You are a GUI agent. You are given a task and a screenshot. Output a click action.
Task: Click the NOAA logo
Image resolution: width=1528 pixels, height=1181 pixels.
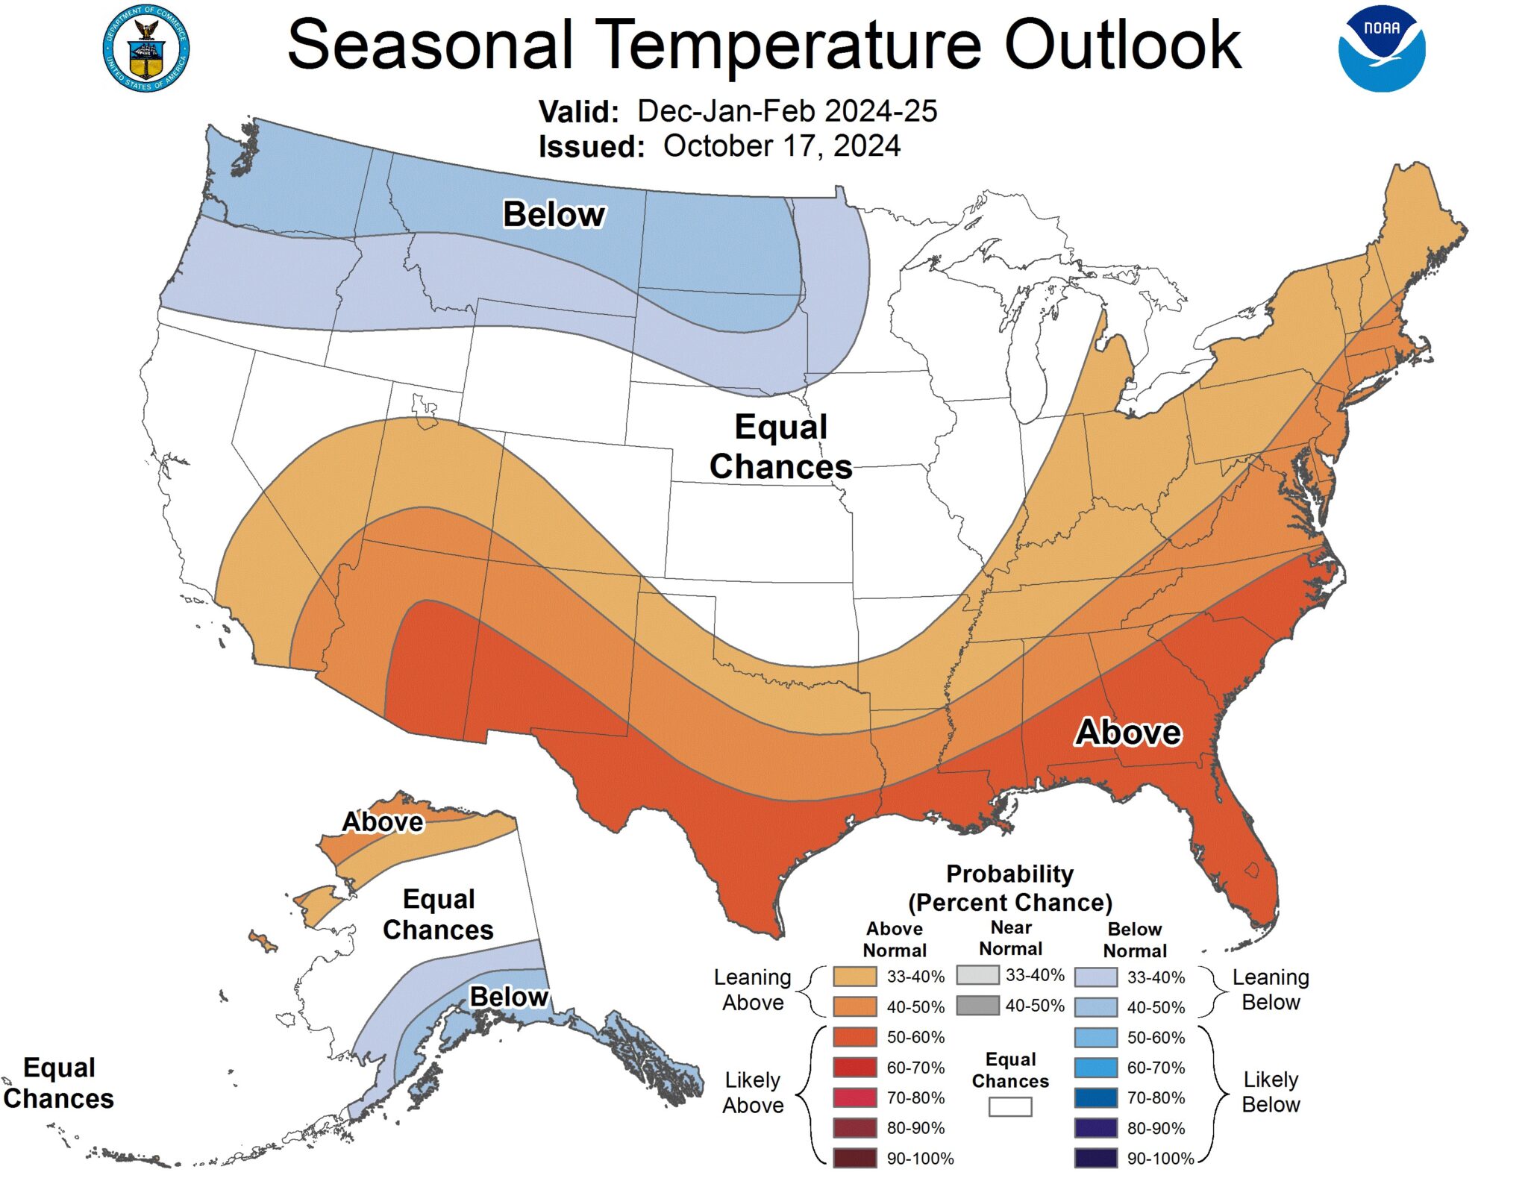click(1380, 49)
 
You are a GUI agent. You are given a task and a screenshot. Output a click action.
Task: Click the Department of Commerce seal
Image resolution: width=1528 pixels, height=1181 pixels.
click(146, 49)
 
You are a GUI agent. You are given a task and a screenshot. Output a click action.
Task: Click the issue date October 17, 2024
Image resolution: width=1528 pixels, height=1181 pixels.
click(781, 146)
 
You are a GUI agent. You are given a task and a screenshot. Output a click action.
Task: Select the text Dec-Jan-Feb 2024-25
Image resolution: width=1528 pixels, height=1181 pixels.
click(786, 111)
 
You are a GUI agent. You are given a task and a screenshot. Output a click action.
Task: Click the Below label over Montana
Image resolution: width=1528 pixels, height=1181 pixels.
click(554, 214)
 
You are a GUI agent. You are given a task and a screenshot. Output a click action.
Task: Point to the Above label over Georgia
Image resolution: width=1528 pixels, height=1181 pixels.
click(1127, 732)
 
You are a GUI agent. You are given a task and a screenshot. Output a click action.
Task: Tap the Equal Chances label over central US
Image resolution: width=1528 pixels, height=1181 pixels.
click(780, 446)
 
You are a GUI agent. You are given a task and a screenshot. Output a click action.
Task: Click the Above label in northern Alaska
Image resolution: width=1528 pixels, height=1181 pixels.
click(382, 821)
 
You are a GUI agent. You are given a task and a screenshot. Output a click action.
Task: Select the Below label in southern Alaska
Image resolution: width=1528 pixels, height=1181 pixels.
click(509, 996)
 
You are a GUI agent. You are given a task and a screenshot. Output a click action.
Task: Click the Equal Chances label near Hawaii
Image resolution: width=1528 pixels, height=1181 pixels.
click(58, 1083)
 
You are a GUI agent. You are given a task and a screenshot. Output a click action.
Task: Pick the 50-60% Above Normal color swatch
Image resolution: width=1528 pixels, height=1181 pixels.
click(854, 1037)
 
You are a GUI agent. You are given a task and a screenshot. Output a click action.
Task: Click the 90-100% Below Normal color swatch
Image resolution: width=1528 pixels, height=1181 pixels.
click(1095, 1158)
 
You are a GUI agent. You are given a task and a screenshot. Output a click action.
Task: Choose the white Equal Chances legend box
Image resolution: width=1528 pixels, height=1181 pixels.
click(1009, 1106)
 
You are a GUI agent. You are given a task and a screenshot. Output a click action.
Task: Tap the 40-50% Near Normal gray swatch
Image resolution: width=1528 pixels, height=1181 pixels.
click(977, 1005)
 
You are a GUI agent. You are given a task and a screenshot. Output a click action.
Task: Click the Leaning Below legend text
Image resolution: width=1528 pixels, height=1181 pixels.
click(1270, 989)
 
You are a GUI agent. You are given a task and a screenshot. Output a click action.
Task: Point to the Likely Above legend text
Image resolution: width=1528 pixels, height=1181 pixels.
click(752, 1092)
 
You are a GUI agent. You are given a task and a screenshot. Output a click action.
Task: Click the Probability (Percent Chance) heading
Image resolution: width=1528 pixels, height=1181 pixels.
click(1009, 888)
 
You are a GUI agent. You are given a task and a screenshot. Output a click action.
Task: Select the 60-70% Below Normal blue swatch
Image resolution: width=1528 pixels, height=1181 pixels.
click(1095, 1068)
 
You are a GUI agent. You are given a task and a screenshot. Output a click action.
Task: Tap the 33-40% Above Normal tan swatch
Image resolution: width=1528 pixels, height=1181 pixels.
click(854, 977)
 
